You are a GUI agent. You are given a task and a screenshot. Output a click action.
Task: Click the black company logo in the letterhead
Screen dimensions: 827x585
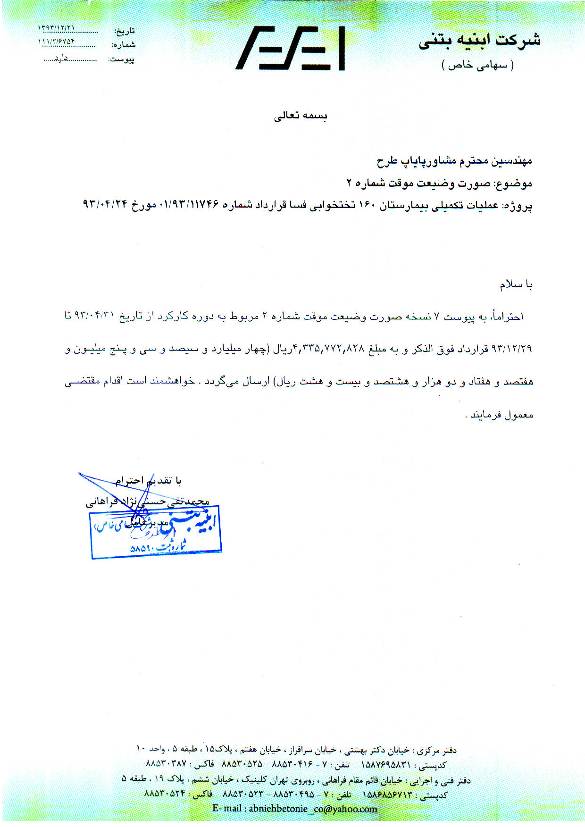[290, 49]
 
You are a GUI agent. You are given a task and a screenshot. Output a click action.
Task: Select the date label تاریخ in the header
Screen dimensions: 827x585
[125, 31]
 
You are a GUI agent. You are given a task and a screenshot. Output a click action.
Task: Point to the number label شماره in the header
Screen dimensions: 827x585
[124, 45]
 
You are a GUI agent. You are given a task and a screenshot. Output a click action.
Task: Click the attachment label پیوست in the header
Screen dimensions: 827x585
[122, 59]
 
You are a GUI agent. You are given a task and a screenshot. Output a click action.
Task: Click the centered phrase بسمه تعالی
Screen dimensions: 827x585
[301, 116]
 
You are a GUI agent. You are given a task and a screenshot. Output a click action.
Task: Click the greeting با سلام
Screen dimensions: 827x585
[516, 285]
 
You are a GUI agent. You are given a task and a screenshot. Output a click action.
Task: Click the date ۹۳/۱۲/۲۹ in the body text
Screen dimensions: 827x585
[511, 349]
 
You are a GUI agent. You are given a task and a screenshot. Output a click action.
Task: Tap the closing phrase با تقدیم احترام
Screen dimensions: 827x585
[148, 481]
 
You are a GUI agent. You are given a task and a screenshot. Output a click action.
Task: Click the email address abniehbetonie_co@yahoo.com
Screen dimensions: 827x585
[295, 809]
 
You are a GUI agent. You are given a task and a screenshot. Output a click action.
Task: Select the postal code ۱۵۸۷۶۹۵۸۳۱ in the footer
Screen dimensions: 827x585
[385, 765]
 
